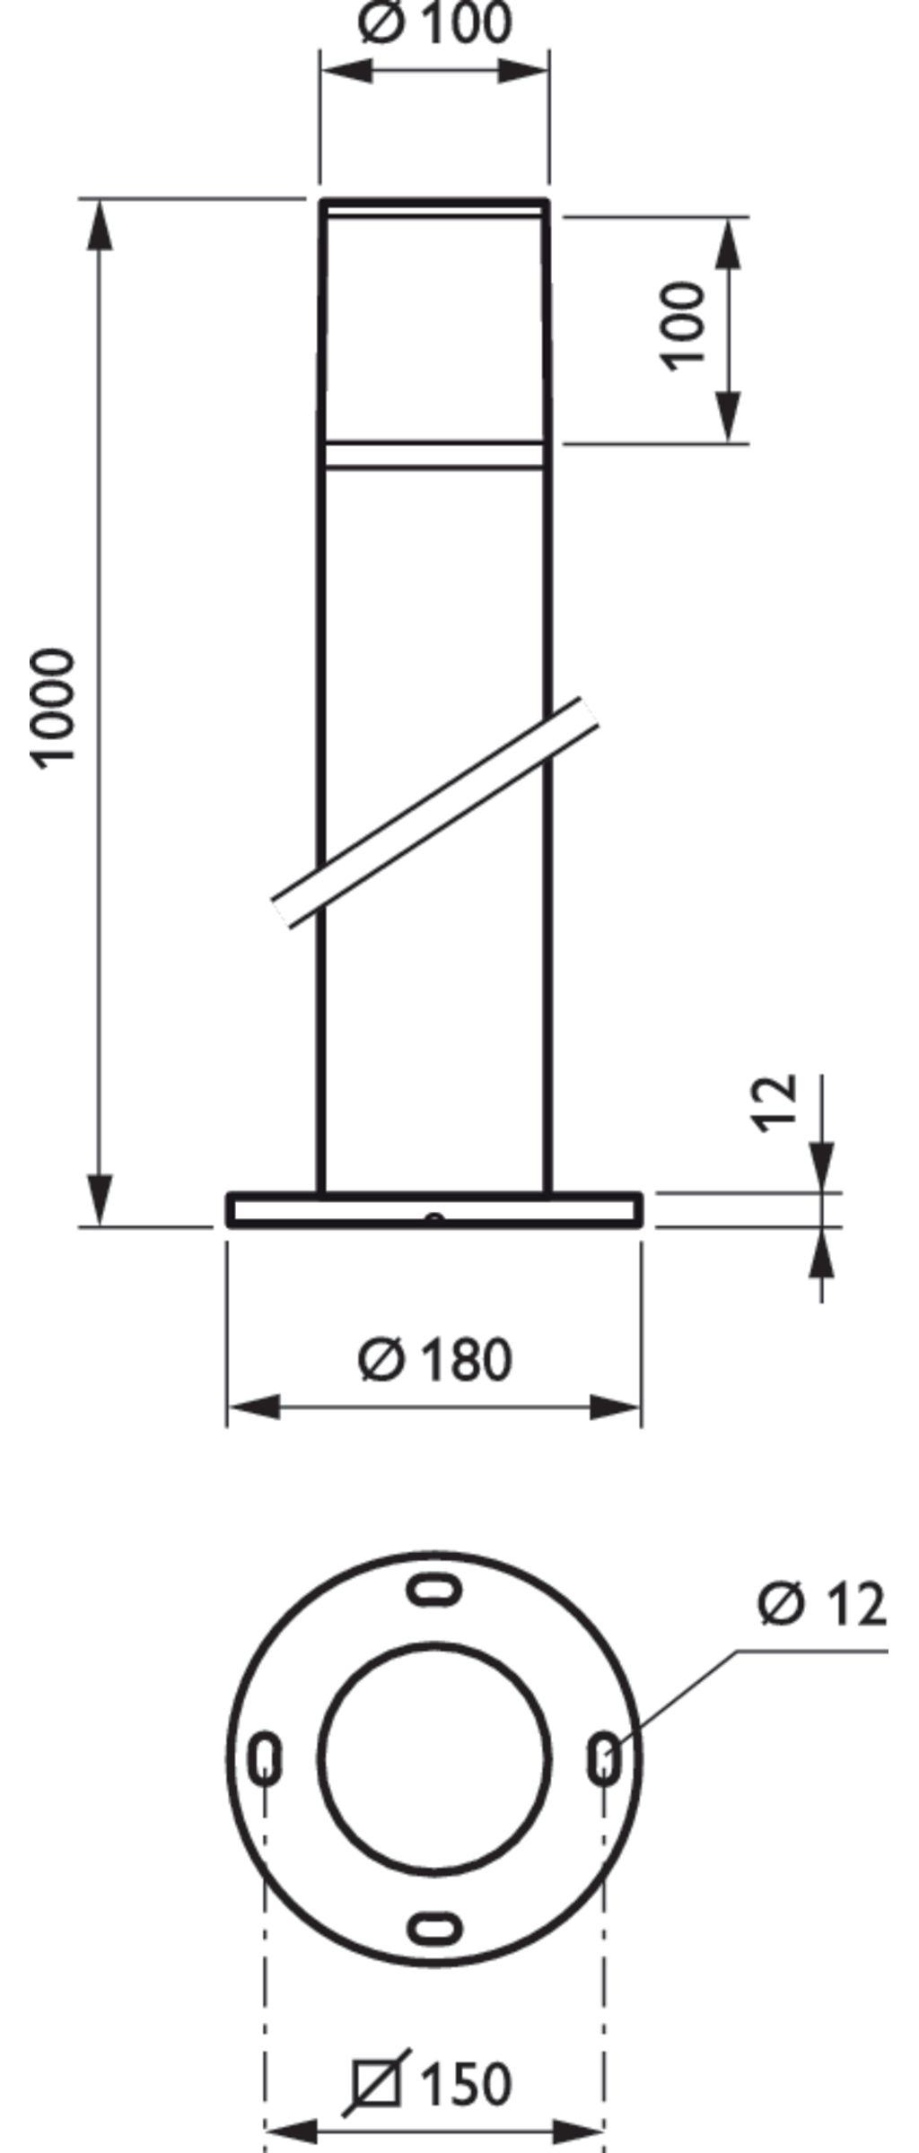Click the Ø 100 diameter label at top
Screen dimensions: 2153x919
[x=435, y=23]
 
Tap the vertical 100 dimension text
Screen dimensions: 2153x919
[x=684, y=325]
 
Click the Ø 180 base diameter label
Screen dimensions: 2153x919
[x=435, y=1359]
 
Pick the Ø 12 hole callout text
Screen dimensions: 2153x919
[x=822, y=1603]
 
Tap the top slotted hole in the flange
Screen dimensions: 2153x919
[x=435, y=1590]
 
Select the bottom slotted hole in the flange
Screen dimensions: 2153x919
[x=435, y=1927]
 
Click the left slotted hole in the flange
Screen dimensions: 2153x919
[x=265, y=1758]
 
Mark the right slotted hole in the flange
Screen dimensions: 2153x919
[x=604, y=1758]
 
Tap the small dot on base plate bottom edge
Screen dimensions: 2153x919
[x=435, y=1218]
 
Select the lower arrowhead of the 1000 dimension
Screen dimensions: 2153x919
[x=101, y=1198]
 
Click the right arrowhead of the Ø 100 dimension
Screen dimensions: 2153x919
[x=524, y=70]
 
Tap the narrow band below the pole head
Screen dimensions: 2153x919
[x=435, y=455]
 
